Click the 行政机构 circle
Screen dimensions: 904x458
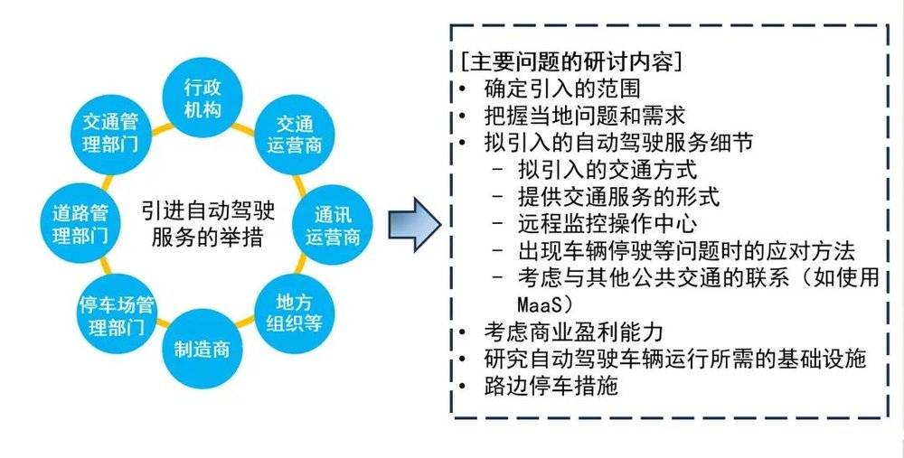tap(202, 98)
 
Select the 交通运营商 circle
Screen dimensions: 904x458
tap(294, 135)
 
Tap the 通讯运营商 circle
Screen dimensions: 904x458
tap(333, 225)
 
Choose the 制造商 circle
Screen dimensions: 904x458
tap(202, 349)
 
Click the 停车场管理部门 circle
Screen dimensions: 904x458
tap(117, 314)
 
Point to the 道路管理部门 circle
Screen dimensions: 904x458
tap(80, 224)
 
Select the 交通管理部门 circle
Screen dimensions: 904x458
tap(110, 134)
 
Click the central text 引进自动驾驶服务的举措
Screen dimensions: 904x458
tap(208, 224)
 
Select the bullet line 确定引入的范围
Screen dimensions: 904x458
tap(562, 89)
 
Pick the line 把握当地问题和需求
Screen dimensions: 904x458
tap(585, 116)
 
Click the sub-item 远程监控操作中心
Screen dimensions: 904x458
tap(607, 223)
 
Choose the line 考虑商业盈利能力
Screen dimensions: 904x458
tap(574, 332)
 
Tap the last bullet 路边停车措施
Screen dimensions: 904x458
tap(551, 386)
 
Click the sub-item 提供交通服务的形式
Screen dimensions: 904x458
tap(618, 196)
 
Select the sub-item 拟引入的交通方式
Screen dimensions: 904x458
tap(607, 170)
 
